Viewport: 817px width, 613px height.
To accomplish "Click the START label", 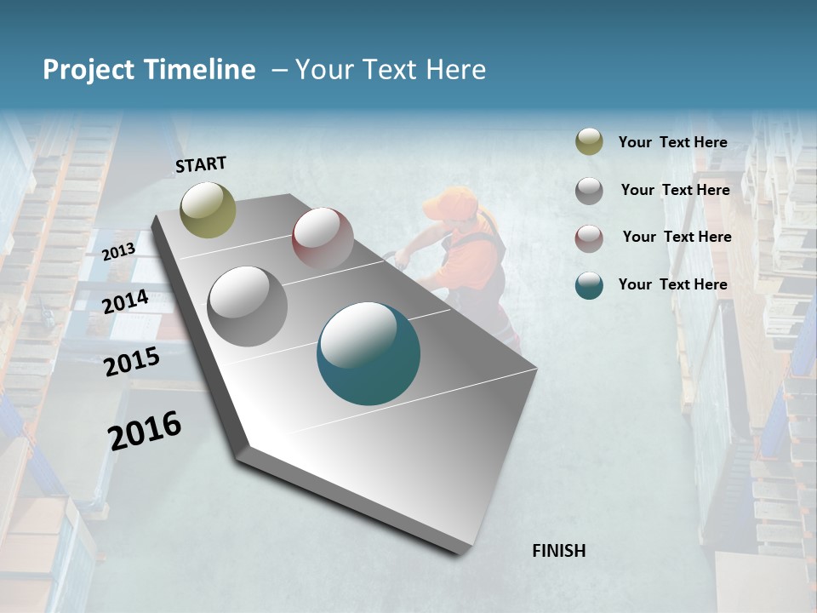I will pos(201,164).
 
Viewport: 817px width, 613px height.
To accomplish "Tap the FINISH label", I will pos(558,551).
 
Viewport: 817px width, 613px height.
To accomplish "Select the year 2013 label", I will pos(118,251).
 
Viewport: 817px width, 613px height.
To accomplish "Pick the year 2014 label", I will pos(126,301).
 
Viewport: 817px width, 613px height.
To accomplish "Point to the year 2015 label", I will pos(132,363).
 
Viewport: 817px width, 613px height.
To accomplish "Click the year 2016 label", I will pos(145,430).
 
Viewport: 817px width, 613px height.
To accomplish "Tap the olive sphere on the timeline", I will pos(209,209).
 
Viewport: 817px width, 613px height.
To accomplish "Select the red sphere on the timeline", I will pos(323,238).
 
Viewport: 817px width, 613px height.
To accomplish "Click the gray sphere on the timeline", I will pos(247,306).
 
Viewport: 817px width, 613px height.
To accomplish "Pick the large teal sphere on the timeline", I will pos(369,353).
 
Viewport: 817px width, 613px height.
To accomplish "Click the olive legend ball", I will pos(589,142).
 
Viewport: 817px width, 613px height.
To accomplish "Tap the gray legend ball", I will pos(589,190).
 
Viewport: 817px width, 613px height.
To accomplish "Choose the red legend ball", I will pos(589,238).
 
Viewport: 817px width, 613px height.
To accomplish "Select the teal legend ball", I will pos(589,285).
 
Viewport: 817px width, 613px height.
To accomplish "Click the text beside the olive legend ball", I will pos(672,142).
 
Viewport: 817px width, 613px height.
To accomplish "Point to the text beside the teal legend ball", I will pos(672,284).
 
